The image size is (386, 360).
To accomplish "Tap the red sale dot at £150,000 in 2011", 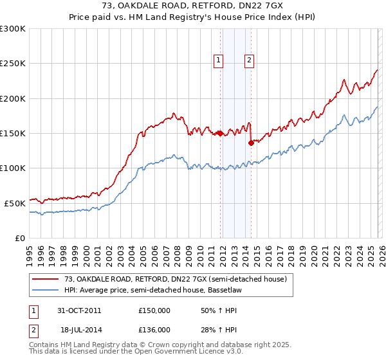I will pyautogui.click(x=220, y=134).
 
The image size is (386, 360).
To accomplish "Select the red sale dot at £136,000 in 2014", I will pyautogui.click(x=251, y=143).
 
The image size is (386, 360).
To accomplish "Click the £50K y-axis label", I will pyautogui.click(x=15, y=203).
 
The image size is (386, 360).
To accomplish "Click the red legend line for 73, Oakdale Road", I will pyautogui.click(x=46, y=279).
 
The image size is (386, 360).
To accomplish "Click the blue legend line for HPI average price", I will pyautogui.click(x=46, y=290).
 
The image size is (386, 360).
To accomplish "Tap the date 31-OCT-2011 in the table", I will pyautogui.click(x=79, y=310).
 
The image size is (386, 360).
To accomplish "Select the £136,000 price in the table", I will pyautogui.click(x=154, y=329).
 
